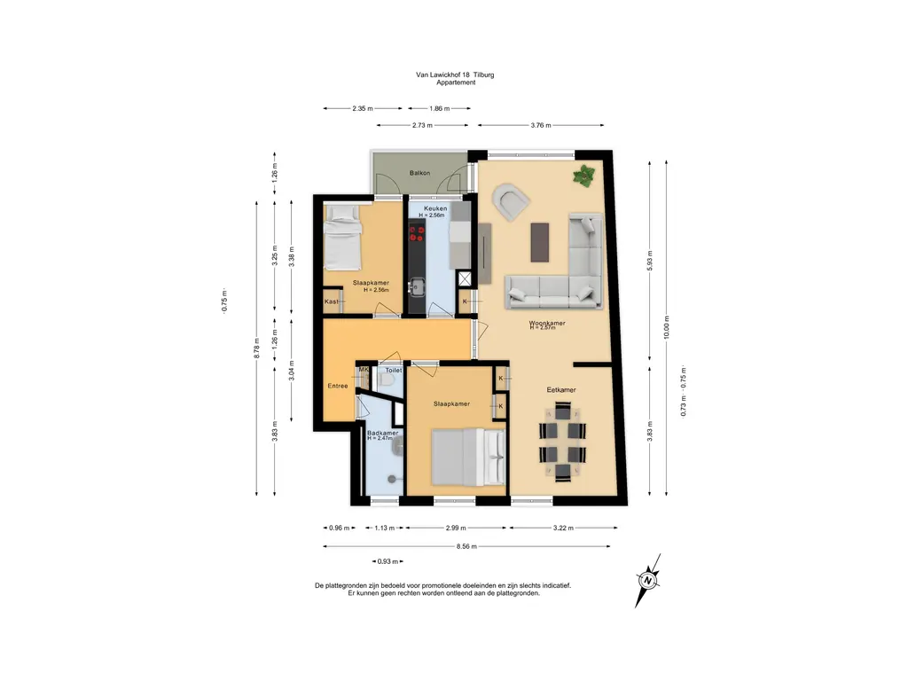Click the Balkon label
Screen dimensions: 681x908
[419, 173]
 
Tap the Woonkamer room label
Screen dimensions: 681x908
[548, 324]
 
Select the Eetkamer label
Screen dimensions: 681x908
[561, 389]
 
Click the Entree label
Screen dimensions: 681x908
[337, 386]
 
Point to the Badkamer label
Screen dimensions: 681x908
[382, 433]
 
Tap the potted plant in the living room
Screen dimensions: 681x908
[584, 176]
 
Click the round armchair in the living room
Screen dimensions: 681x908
[511, 202]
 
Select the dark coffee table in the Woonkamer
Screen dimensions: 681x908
[540, 241]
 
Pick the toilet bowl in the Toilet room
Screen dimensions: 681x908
[387, 380]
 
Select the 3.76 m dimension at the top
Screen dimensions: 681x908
[542, 126]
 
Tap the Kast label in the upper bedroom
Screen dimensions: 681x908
[332, 301]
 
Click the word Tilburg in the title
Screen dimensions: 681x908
[484, 75]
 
